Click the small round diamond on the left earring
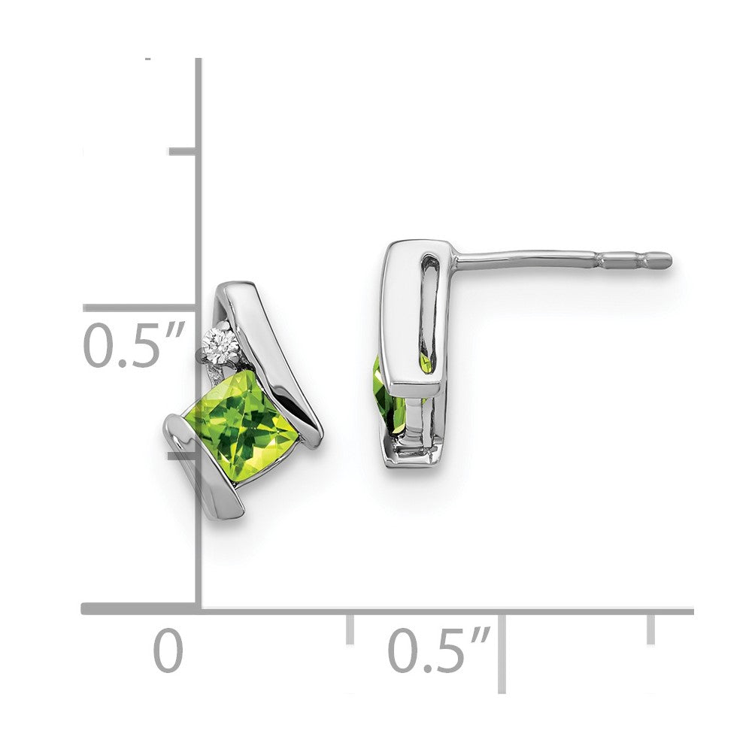click(223, 344)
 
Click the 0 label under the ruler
click(168, 651)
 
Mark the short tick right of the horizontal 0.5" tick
click(650, 629)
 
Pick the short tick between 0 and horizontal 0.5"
click(350, 629)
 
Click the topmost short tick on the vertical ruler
click(183, 152)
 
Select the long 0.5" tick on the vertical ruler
click(139, 308)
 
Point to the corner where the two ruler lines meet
click(199, 608)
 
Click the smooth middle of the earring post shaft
click(526, 259)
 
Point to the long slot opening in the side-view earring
click(428, 308)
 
